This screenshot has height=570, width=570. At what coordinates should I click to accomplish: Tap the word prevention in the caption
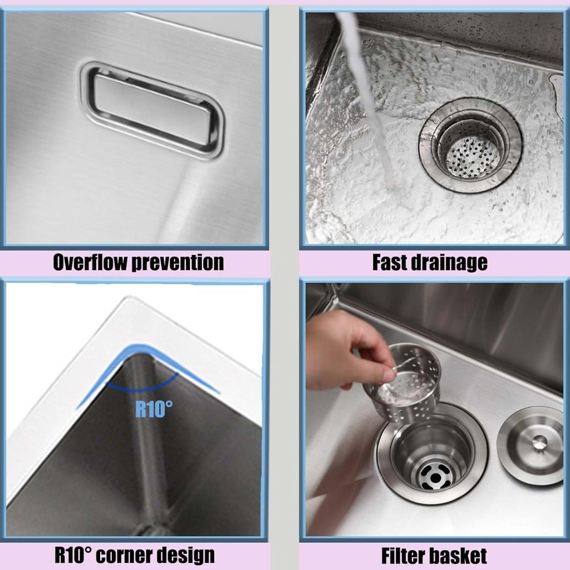pyautogui.click(x=178, y=263)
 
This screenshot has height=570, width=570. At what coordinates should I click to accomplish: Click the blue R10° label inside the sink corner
pyautogui.click(x=154, y=409)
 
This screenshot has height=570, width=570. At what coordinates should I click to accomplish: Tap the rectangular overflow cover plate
pyautogui.click(x=153, y=110)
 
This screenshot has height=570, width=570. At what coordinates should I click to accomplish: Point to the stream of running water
pyautogui.click(x=367, y=98)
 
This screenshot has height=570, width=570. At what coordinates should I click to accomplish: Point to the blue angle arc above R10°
pyautogui.click(x=142, y=387)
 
